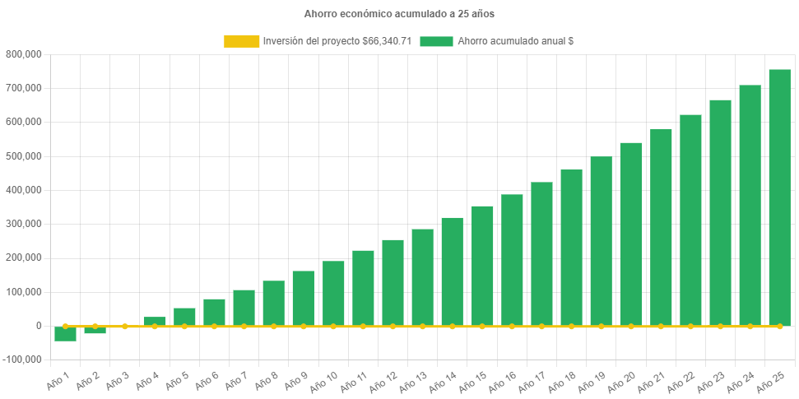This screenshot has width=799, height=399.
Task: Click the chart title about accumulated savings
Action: tap(399, 14)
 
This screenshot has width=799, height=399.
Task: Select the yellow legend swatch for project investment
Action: tap(241, 40)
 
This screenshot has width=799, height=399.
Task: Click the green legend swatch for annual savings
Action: tap(436, 40)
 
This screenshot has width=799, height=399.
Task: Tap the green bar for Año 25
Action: tap(779, 197)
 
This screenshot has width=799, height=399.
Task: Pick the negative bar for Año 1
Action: tap(65, 333)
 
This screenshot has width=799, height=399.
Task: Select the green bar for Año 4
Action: tap(155, 321)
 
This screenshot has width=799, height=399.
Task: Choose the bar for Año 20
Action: tap(630, 234)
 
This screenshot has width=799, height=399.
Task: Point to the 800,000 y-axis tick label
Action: tap(24, 54)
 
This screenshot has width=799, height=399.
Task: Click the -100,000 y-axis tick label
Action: tap(22, 360)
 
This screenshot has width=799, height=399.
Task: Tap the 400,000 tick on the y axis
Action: tap(24, 190)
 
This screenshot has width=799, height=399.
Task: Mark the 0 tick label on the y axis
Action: tap(38, 326)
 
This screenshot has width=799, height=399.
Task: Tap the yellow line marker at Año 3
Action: tap(125, 326)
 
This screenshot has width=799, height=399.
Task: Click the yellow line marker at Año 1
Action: tap(65, 326)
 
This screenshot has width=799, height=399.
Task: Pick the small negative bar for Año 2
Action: tap(95, 331)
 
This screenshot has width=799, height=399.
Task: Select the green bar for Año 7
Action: tap(244, 308)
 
